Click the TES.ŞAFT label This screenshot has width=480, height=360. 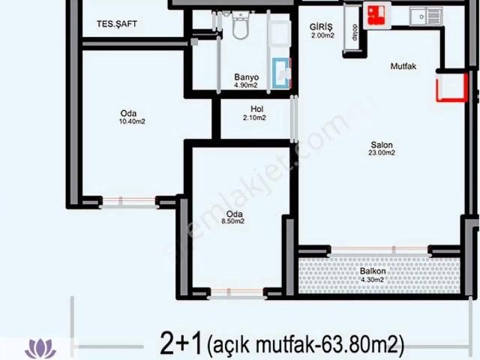[116, 24]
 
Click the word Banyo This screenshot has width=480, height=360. [246, 77]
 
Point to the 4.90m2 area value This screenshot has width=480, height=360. [246, 86]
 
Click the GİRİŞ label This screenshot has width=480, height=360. [321, 26]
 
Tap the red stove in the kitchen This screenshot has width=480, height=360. [374, 13]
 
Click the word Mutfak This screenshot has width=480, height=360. [403, 67]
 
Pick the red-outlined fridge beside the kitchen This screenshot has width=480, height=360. [450, 86]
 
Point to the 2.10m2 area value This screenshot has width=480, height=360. [256, 118]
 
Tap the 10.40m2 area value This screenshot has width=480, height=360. [133, 121]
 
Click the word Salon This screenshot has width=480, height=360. [382, 144]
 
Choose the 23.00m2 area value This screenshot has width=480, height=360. [382, 153]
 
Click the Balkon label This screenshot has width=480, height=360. [373, 271]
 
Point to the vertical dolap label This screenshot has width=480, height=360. [349, 34]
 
